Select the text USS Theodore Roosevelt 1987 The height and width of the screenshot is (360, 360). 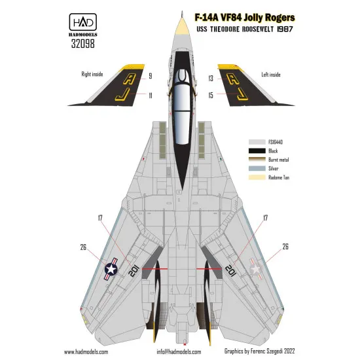[x=264, y=32]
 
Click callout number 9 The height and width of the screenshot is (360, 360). [x=150, y=76]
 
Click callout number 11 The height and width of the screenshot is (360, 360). [x=150, y=95]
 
